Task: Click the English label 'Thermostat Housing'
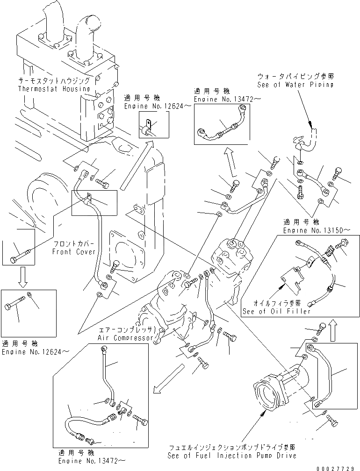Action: [x=54, y=88]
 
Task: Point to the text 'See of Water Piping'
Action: [x=295, y=85]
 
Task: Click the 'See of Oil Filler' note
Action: [x=276, y=311]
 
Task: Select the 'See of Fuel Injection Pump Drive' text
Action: [x=232, y=455]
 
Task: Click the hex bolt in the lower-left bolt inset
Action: [x=14, y=307]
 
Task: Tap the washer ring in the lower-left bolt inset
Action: [x=30, y=295]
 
